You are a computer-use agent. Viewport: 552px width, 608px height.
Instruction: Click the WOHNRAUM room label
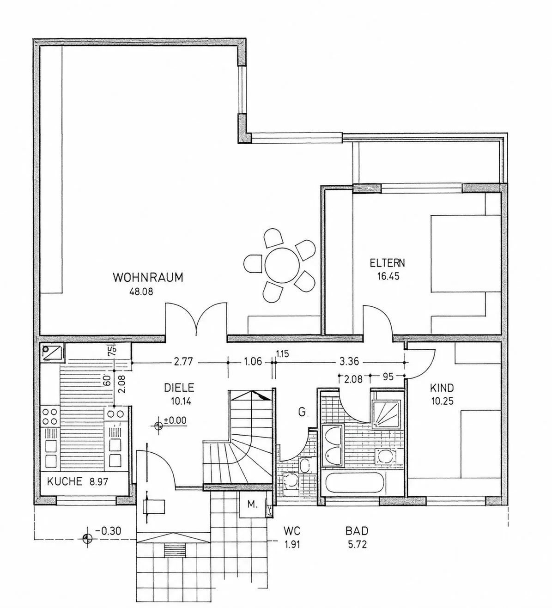[x=148, y=278]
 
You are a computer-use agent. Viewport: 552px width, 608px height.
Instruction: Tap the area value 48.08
[x=141, y=292]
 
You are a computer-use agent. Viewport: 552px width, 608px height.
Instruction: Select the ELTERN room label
[x=387, y=263]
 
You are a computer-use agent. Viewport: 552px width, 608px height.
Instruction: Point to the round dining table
[x=282, y=265]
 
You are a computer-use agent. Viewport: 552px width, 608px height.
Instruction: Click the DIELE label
[x=179, y=388]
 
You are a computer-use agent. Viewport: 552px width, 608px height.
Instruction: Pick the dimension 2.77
[x=183, y=362]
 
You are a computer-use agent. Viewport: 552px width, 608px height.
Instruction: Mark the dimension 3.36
[x=349, y=361]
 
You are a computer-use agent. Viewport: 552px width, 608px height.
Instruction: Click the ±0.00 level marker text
[x=175, y=421]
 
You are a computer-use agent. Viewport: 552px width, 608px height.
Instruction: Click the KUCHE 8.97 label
[x=78, y=481]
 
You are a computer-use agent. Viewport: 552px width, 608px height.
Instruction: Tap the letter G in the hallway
[x=302, y=412]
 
